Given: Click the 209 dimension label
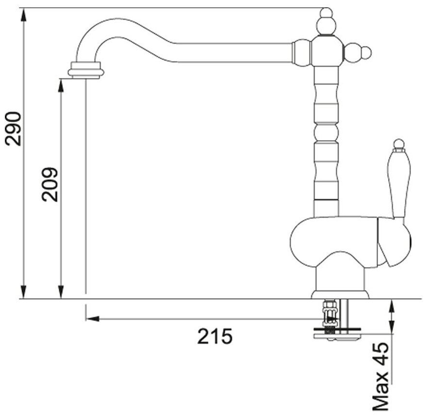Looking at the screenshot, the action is (49, 184).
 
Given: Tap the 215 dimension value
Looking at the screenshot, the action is (215, 337).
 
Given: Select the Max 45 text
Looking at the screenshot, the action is (380, 378).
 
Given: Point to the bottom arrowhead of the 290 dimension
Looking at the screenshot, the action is (24, 292).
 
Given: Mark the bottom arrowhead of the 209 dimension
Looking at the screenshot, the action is (62, 292).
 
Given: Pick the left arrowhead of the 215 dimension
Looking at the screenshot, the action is (93, 319).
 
